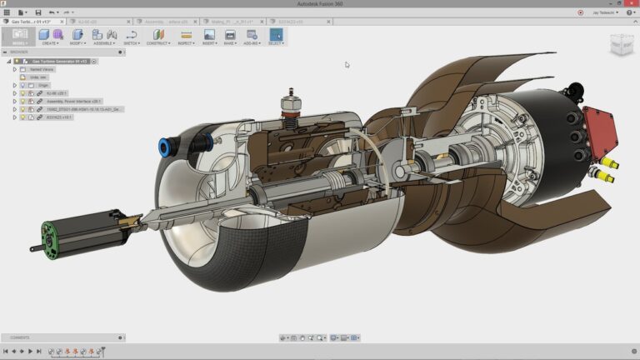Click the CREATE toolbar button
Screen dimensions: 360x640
49,36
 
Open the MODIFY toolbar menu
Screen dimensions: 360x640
77,36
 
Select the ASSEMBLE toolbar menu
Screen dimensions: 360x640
104,36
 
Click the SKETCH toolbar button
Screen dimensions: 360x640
132,36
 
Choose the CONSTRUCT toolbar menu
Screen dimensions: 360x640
157,36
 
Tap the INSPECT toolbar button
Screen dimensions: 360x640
186,36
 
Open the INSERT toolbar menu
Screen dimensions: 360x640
208,36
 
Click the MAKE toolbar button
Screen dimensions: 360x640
230,36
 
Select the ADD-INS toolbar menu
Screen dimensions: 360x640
252,36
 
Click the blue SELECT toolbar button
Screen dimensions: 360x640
275,36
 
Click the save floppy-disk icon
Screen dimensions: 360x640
38,12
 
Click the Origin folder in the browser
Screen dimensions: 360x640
43,85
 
